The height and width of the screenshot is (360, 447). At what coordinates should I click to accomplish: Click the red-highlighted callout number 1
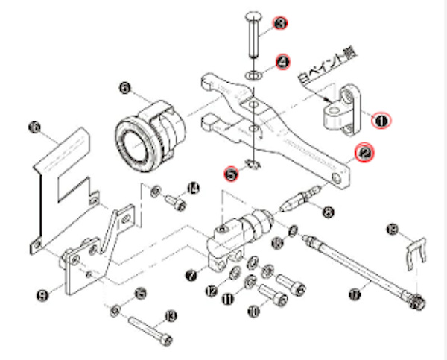click(x=381, y=119)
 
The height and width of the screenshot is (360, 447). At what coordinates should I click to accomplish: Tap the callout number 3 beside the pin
click(x=280, y=25)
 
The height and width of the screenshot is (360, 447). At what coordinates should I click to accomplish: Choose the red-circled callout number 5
click(x=232, y=173)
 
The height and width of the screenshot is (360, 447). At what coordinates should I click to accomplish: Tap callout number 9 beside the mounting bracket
click(x=42, y=295)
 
